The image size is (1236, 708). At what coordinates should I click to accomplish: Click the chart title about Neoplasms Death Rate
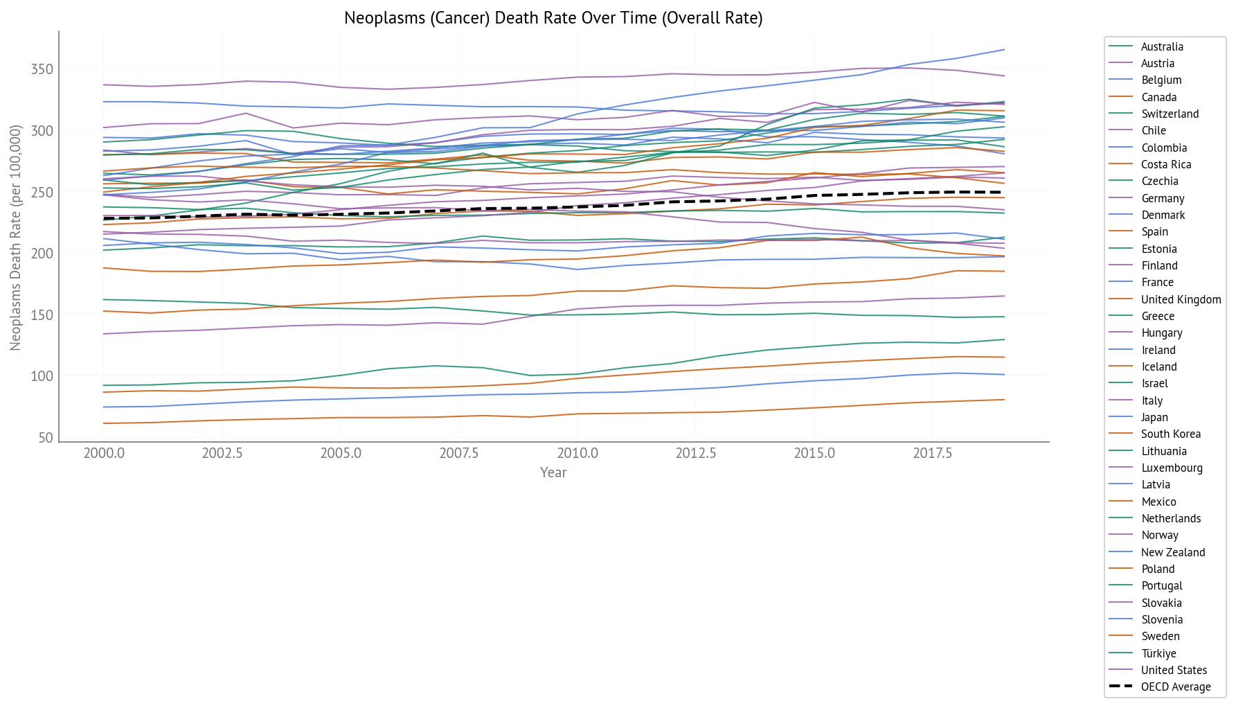click(553, 18)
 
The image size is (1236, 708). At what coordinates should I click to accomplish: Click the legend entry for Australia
click(1162, 46)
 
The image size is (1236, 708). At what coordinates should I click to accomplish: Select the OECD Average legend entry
click(1176, 687)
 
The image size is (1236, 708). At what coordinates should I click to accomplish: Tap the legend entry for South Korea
click(1170, 434)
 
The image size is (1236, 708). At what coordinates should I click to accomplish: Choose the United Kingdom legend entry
click(1181, 299)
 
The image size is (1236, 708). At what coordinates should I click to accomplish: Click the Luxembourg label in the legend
click(1172, 468)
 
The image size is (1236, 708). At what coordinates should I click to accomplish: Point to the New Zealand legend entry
click(1173, 552)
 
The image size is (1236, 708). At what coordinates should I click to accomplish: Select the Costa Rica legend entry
click(1166, 164)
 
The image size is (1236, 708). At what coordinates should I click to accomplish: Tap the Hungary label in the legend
click(1161, 333)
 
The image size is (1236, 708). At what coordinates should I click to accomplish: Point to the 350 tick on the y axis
click(42, 69)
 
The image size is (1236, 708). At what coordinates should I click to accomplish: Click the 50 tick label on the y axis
click(46, 438)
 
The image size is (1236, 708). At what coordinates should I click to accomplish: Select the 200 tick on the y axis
click(42, 254)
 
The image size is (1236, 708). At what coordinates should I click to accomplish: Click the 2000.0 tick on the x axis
click(104, 453)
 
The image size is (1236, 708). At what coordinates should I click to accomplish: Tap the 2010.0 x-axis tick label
click(577, 453)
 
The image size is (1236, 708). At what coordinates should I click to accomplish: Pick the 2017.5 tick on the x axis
click(932, 453)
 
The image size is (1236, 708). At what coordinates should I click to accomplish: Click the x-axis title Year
click(553, 472)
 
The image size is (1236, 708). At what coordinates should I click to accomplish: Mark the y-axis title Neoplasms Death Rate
click(16, 237)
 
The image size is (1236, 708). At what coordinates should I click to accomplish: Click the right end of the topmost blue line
click(1003, 50)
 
